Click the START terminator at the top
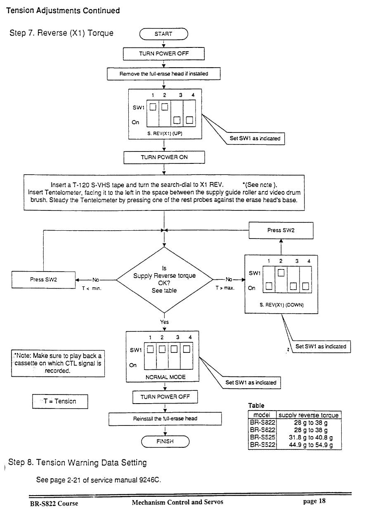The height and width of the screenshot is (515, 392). pos(163,34)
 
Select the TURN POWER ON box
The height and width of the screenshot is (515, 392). pos(164,157)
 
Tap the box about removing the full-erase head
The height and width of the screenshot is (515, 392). pos(163,74)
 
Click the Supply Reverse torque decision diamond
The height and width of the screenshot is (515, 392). pos(164,280)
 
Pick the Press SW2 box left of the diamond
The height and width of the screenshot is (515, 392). pos(43,279)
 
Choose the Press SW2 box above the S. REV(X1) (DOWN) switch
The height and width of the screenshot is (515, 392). pos(281,230)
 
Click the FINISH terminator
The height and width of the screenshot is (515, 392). pos(165,441)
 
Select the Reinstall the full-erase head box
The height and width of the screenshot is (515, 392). pos(165,418)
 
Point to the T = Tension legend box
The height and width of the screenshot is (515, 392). pos(60,401)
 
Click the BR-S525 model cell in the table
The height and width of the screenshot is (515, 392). pos(262,437)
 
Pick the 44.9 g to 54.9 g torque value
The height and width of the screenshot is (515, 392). pos(311,444)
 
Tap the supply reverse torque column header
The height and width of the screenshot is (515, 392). pos(309,415)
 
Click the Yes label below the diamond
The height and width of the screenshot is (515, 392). pos(164,322)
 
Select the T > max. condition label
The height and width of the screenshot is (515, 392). pos(225,288)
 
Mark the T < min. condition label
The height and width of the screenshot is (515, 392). pos(92,288)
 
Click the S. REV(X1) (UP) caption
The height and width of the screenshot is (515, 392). pos(165,133)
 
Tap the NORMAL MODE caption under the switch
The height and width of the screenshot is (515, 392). pos(165,377)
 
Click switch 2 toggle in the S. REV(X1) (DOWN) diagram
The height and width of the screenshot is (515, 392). pos(281,273)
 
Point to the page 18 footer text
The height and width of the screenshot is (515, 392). pos(314,501)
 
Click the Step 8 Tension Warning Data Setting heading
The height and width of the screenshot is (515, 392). pos(78,463)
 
